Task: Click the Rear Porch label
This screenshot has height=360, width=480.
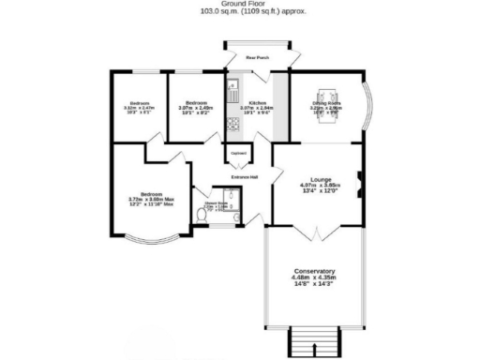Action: tap(256, 58)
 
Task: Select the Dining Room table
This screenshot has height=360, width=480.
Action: tap(326, 97)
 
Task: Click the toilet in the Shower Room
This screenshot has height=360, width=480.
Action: tap(203, 215)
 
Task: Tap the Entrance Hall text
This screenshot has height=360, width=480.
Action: tap(246, 175)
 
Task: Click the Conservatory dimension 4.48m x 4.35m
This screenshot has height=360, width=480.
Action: tap(313, 278)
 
